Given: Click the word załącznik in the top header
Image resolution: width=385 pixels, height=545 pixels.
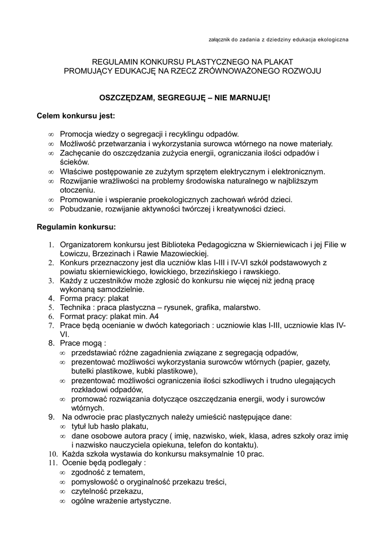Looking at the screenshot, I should click(222, 40).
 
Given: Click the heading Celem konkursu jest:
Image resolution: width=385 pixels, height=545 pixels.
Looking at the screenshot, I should click(76, 115).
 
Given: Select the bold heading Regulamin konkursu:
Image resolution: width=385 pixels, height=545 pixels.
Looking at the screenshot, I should click(76, 227).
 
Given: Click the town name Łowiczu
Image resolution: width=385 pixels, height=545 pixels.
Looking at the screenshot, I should click(74, 253).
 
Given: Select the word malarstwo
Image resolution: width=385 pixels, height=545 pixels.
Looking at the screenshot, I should click(240, 308).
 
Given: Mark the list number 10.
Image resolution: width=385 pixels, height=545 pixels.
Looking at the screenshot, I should click(53, 454).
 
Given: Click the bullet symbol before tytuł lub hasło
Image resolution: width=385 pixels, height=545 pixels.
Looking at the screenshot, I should click(62, 427).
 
